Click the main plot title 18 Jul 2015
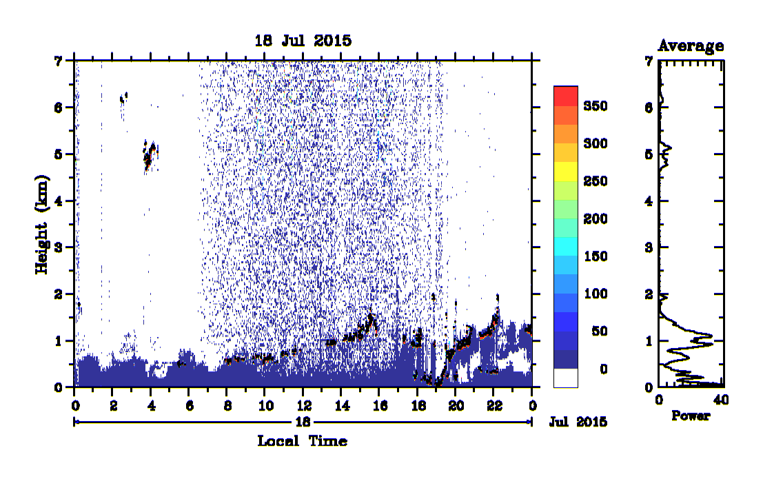pyautogui.click(x=303, y=41)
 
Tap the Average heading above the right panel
pyautogui.click(x=691, y=45)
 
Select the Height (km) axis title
pyautogui.click(x=42, y=224)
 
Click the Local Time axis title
pyautogui.click(x=302, y=441)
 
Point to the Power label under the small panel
pyautogui.click(x=691, y=416)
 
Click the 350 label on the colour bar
pyautogui.click(x=596, y=106)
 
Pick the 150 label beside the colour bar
pyautogui.click(x=596, y=256)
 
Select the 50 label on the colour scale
pyautogui.click(x=600, y=331)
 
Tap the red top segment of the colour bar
pyautogui.click(x=565, y=96)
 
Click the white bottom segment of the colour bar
pyautogui.click(x=565, y=378)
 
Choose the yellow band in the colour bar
pyautogui.click(x=565, y=171)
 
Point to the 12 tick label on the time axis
pyautogui.click(x=304, y=406)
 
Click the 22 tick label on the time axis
pyautogui.click(x=494, y=406)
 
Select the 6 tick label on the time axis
pyautogui.click(x=190, y=406)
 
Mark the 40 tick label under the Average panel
pyautogui.click(x=721, y=400)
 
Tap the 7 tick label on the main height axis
pyautogui.click(x=59, y=61)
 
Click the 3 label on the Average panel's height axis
pyautogui.click(x=648, y=247)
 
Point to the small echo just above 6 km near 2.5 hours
pyautogui.click(x=123, y=98)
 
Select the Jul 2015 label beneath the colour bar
pyautogui.click(x=578, y=422)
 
